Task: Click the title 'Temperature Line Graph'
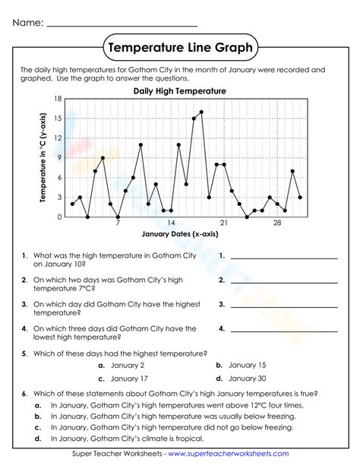(179, 48)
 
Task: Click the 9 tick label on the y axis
(59, 158)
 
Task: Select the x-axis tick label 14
(171, 223)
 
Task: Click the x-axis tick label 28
(277, 223)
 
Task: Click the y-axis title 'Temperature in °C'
(43, 158)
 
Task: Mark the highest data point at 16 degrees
(201, 113)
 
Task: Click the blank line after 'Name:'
(122, 24)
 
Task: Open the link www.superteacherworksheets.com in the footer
(228, 455)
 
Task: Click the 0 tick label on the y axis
(59, 217)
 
